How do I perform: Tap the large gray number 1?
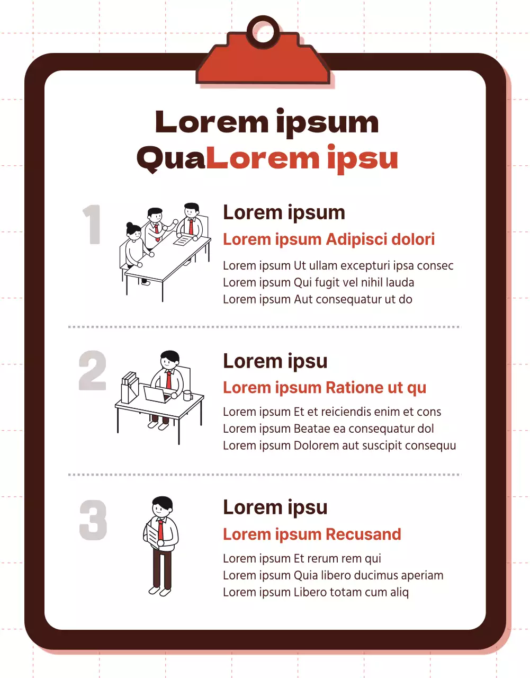click(x=92, y=224)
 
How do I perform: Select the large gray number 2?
click(x=92, y=370)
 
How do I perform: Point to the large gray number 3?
click(x=93, y=520)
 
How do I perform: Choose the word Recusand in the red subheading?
click(x=364, y=534)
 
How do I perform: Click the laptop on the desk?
click(x=157, y=394)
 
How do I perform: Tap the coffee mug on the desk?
click(x=187, y=395)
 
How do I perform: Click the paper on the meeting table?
click(x=183, y=240)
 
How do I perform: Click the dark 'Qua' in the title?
click(x=171, y=158)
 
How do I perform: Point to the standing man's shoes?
click(x=159, y=591)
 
